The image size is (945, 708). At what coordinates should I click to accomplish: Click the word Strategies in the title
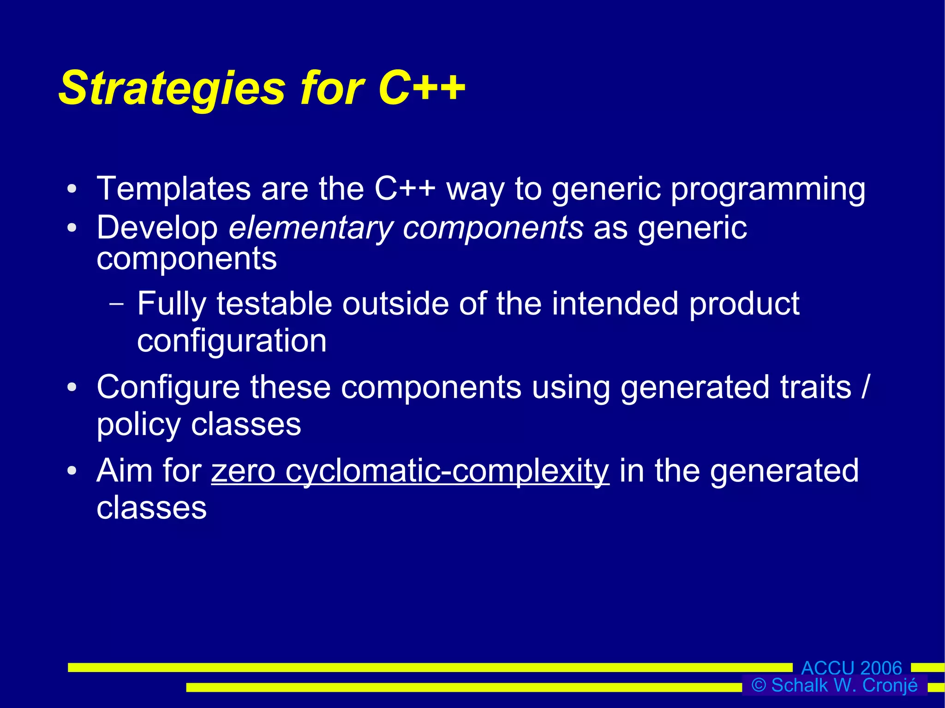click(172, 89)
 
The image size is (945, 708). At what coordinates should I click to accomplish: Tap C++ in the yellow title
click(421, 88)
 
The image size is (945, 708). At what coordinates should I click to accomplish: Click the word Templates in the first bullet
click(173, 189)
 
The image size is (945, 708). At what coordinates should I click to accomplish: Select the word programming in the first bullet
click(768, 190)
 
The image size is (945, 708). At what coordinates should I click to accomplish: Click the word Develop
click(157, 228)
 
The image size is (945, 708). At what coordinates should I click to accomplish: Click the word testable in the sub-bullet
click(274, 304)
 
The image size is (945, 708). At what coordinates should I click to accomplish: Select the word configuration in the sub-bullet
click(232, 341)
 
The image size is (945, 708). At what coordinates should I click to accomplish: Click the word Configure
click(168, 387)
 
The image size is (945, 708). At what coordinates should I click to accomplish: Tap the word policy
click(138, 425)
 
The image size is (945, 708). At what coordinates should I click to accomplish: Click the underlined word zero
click(243, 471)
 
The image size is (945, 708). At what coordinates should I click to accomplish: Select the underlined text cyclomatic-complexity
click(447, 471)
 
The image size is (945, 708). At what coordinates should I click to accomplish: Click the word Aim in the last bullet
click(124, 471)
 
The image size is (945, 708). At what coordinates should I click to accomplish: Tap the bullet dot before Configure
click(72, 387)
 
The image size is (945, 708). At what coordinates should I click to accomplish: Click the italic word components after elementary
click(493, 228)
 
